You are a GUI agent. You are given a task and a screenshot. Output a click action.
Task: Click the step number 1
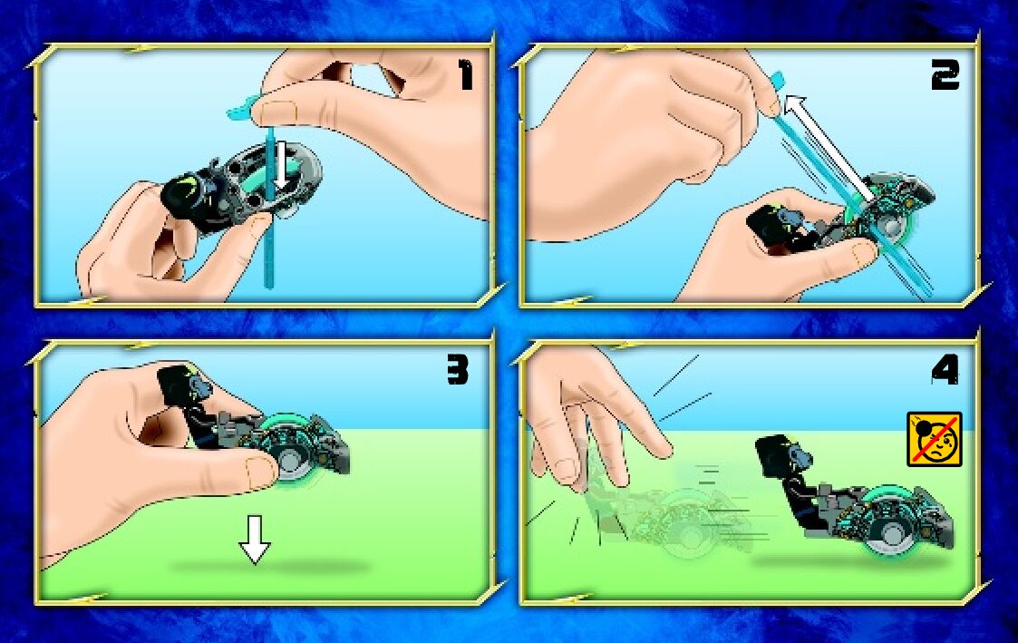(465, 74)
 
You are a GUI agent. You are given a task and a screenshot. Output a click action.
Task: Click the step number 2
(945, 74)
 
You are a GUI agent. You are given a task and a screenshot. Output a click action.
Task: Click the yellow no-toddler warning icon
(935, 439)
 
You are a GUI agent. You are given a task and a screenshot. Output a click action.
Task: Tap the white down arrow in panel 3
(255, 539)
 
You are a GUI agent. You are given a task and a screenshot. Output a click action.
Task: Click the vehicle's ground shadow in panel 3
(269, 567)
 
